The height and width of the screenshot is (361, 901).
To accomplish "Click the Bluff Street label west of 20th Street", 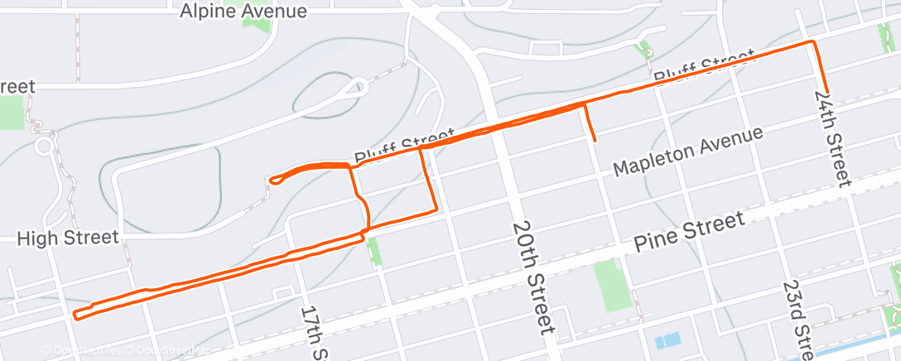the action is (404, 144).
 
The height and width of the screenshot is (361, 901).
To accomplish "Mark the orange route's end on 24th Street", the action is (826, 93).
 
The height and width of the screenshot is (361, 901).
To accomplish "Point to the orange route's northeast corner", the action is (812, 42).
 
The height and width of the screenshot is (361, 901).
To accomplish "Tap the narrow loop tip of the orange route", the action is (271, 179).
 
